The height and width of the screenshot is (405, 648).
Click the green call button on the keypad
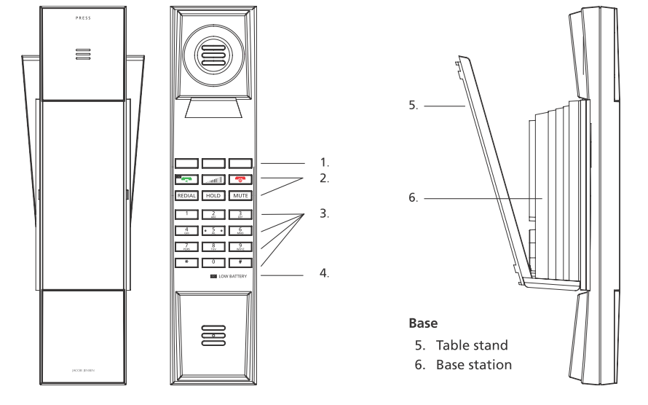click(187, 179)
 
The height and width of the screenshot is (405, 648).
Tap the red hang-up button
click(240, 179)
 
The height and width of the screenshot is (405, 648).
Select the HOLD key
click(213, 196)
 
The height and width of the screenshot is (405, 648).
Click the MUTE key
click(240, 196)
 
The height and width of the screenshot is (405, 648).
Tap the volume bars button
click(213, 179)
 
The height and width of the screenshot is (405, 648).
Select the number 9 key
click(240, 246)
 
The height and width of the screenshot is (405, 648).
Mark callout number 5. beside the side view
click(412, 104)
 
